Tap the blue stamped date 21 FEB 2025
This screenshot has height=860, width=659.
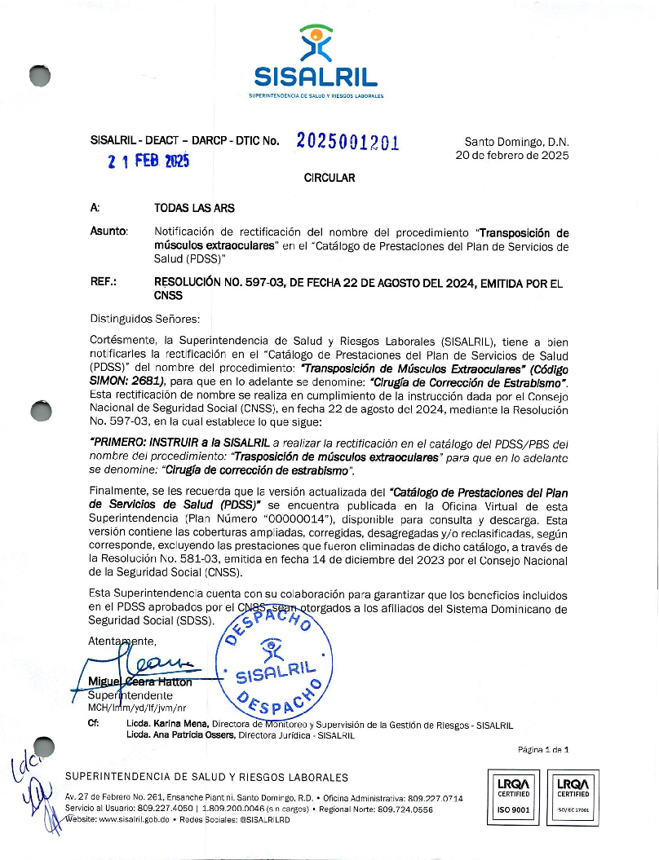pos(148,161)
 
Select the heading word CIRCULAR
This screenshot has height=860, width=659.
pos(329,178)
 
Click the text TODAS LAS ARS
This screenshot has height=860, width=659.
pos(194,209)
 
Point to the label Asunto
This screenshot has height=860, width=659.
pos(108,232)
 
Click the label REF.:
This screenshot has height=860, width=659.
pos(104,283)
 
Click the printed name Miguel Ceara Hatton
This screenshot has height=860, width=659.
pos(140,681)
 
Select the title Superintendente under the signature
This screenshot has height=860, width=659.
pos(130,695)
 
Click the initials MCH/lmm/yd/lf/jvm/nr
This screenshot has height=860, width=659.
pos(137,708)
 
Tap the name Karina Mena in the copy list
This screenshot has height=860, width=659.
pos(180,723)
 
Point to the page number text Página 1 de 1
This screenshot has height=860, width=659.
pos(543,749)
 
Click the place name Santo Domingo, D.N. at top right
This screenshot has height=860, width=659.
pos(516,141)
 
